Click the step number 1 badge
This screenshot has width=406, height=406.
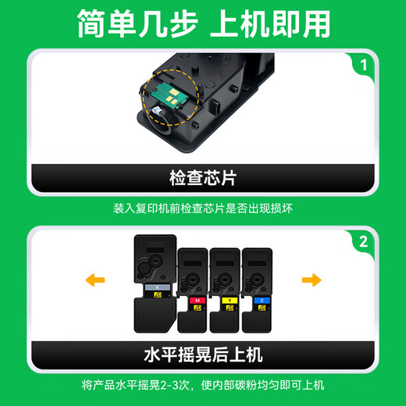pyautogui.click(x=363, y=65)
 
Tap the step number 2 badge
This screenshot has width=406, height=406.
pyautogui.click(x=363, y=242)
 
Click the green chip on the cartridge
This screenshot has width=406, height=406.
pyautogui.click(x=169, y=96)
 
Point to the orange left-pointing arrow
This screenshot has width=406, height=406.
pyautogui.click(x=95, y=280)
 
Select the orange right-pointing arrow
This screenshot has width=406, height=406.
pyautogui.click(x=312, y=280)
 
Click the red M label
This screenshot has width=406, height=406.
pyautogui.click(x=198, y=301)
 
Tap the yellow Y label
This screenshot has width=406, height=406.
pyautogui.click(x=230, y=301)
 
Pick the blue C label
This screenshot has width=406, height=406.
pyautogui.click(x=262, y=301)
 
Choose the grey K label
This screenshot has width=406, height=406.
pyautogui.click(x=158, y=287)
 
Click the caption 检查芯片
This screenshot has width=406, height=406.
pyautogui.click(x=203, y=178)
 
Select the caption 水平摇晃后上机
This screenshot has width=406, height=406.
pyautogui.click(x=203, y=355)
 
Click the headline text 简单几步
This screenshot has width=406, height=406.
pyautogui.click(x=137, y=24)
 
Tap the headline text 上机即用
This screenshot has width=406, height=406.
pyautogui.click(x=270, y=24)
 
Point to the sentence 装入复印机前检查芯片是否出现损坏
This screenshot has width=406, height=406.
pyautogui.click(x=203, y=208)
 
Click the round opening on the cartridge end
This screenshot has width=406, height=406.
pyautogui.click(x=158, y=123)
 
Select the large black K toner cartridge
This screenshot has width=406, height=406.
pyautogui.click(x=155, y=283)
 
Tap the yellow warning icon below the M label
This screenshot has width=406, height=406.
pyautogui.click(x=198, y=308)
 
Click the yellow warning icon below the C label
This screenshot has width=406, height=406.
pyautogui.click(x=262, y=308)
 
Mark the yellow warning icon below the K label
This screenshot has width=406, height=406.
pyautogui.click(x=158, y=295)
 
